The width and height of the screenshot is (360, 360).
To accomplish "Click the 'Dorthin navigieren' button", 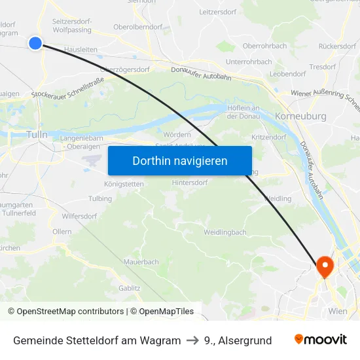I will click(x=179, y=160).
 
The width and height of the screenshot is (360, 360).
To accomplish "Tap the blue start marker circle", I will click(x=35, y=43).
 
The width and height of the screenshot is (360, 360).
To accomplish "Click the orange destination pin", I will click(x=324, y=266).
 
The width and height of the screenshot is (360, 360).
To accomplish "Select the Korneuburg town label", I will click(x=301, y=116).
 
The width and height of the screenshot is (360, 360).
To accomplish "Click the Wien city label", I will click(x=338, y=311).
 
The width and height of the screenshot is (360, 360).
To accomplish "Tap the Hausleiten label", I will click(x=81, y=49).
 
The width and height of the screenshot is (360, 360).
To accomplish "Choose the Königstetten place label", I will click(x=124, y=184).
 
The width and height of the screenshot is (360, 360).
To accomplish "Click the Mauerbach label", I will click(x=141, y=262).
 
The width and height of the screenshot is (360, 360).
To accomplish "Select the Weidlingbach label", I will click(x=225, y=232).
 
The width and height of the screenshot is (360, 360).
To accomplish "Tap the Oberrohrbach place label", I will click(x=264, y=46).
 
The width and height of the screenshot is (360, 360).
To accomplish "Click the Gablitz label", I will click(x=129, y=287).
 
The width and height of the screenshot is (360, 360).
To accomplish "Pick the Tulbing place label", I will click(x=99, y=198).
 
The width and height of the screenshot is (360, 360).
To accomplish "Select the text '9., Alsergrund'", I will click(x=238, y=340).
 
